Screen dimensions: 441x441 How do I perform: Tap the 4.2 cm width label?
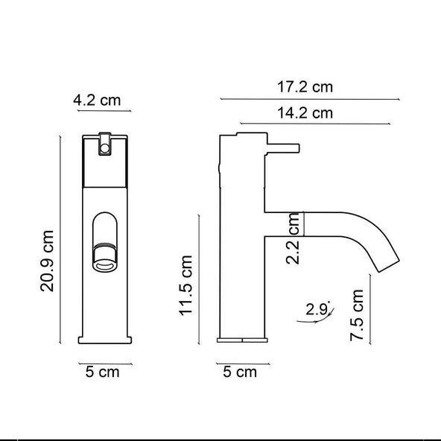coord(97,100)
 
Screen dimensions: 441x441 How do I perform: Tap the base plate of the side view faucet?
coord(241,340)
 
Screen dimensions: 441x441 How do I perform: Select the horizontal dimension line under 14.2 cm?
coord(320,124)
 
